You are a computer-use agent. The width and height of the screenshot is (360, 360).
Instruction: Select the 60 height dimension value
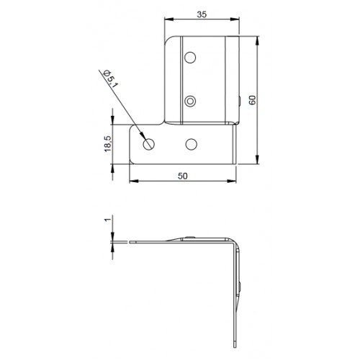coord(251,100)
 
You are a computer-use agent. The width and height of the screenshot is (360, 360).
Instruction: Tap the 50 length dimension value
coord(183,175)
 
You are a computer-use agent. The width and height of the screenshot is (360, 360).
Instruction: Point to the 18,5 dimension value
coord(107,144)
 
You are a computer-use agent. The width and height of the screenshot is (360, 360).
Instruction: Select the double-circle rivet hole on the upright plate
coord(191,101)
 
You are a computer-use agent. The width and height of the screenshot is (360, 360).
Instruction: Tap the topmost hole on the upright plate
coord(191,57)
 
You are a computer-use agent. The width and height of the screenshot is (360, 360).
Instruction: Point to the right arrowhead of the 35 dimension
coord(237,21)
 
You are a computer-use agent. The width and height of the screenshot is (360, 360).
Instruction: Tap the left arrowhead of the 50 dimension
coord(132,181)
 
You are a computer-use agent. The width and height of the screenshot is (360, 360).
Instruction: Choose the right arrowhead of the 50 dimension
coord(235,181)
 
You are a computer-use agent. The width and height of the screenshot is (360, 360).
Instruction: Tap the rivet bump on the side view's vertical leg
coord(240,287)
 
